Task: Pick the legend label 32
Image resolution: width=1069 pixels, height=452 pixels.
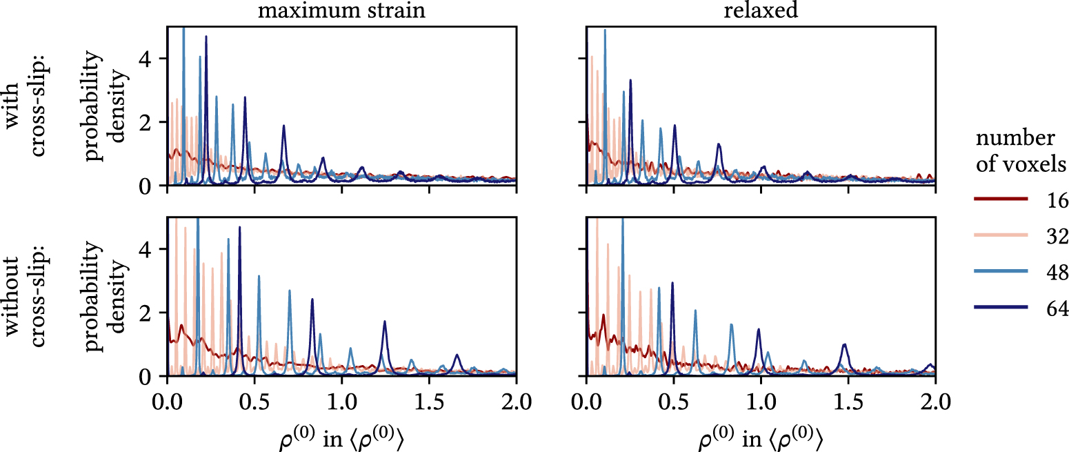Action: pos(1055,237)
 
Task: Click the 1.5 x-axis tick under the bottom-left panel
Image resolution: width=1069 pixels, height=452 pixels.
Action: pos(429,402)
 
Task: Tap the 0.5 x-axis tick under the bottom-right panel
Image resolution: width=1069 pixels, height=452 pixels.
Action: pos(673,402)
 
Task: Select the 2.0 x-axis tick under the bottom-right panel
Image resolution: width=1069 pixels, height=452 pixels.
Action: pos(935,402)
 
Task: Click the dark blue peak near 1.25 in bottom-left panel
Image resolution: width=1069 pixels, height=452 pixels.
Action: pos(385,323)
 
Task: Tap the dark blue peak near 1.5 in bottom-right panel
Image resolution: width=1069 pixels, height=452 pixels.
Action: pos(844,345)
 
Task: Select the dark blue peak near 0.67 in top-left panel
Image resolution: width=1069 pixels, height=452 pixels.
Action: pos(283,127)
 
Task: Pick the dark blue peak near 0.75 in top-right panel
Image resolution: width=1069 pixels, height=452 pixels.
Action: pos(719,145)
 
